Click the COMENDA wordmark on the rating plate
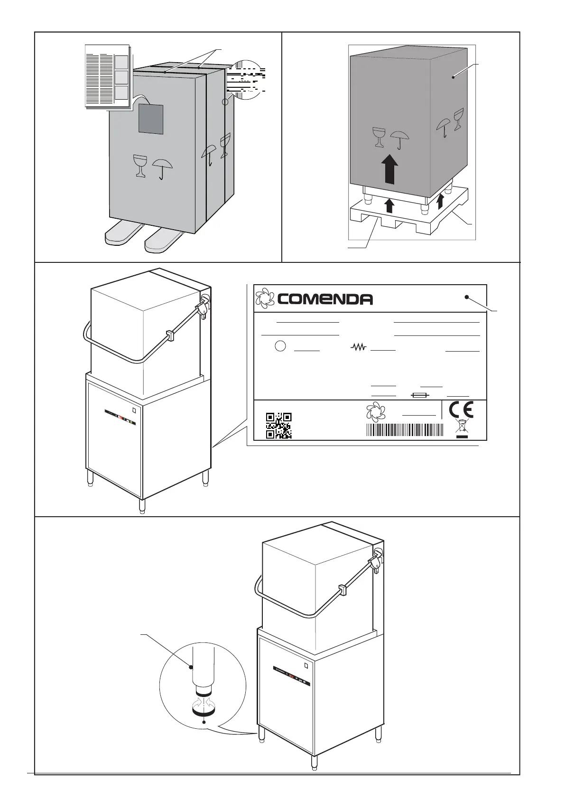pos(325,299)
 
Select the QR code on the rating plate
pos(278,426)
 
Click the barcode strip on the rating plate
pos(405,430)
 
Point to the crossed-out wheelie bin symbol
pos(462,427)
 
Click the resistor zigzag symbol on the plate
pos(359,348)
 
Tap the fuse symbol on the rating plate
pos(421,395)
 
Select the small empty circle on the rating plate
pos(280,346)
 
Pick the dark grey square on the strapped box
pos(150,119)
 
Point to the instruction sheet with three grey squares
pos(107,76)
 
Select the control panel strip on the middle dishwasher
pos(120,416)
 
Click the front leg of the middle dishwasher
pos(141,505)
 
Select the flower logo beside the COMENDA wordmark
pos(265,298)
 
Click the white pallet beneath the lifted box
pos(408,216)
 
